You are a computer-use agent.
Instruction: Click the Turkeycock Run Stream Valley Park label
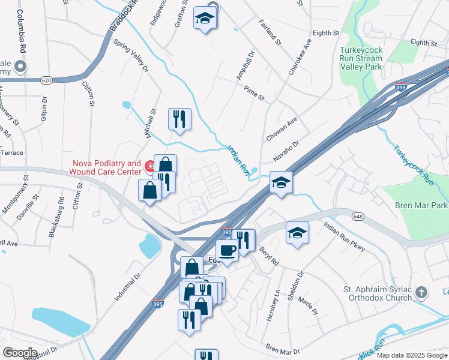tap(360, 58)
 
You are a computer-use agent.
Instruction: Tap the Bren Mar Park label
tap(421, 206)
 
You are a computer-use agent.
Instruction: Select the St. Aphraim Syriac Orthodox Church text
tap(378, 293)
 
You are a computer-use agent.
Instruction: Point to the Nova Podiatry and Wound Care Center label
tap(106, 167)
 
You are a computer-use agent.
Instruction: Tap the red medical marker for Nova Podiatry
tap(149, 164)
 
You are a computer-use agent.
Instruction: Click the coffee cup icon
tap(228, 250)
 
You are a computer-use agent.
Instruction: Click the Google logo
tap(20, 353)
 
